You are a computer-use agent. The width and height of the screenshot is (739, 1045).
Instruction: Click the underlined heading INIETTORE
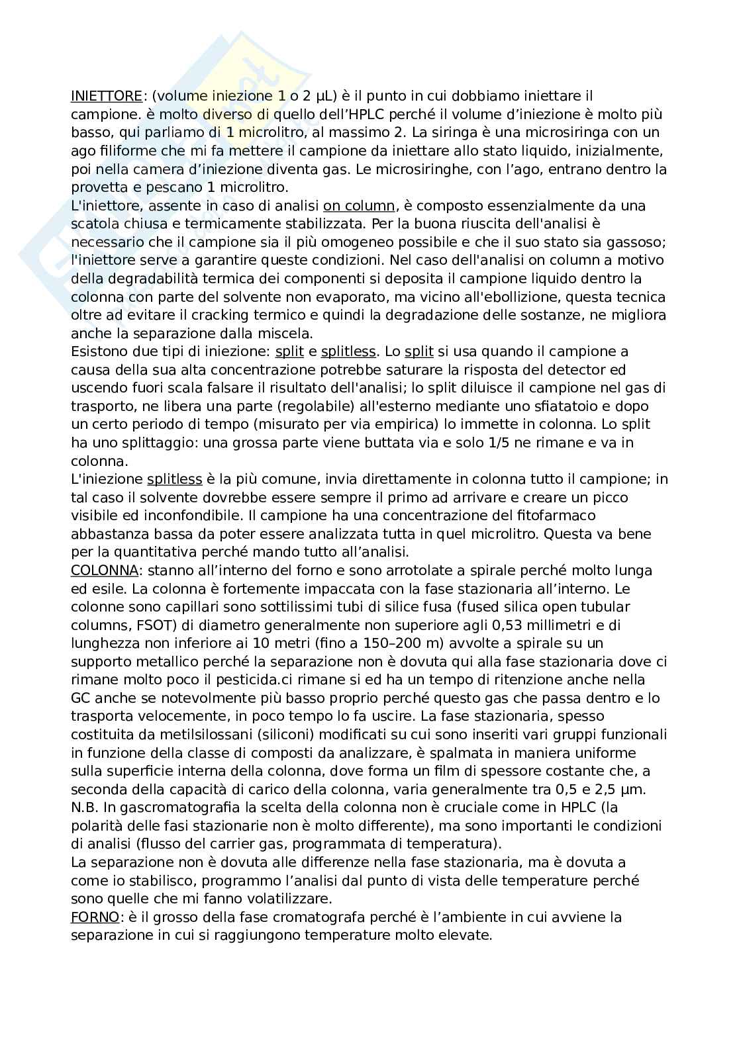pyautogui.click(x=106, y=96)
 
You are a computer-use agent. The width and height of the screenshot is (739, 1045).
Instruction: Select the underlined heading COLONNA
pyautogui.click(x=105, y=570)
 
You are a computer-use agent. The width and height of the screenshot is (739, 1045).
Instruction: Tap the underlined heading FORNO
pyautogui.click(x=95, y=917)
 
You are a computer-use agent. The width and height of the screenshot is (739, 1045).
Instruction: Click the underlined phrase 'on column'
pyautogui.click(x=358, y=206)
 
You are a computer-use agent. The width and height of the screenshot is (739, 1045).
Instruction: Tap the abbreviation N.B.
pyautogui.click(x=85, y=807)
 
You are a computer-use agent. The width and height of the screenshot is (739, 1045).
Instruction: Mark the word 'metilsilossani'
pyautogui.click(x=191, y=735)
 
